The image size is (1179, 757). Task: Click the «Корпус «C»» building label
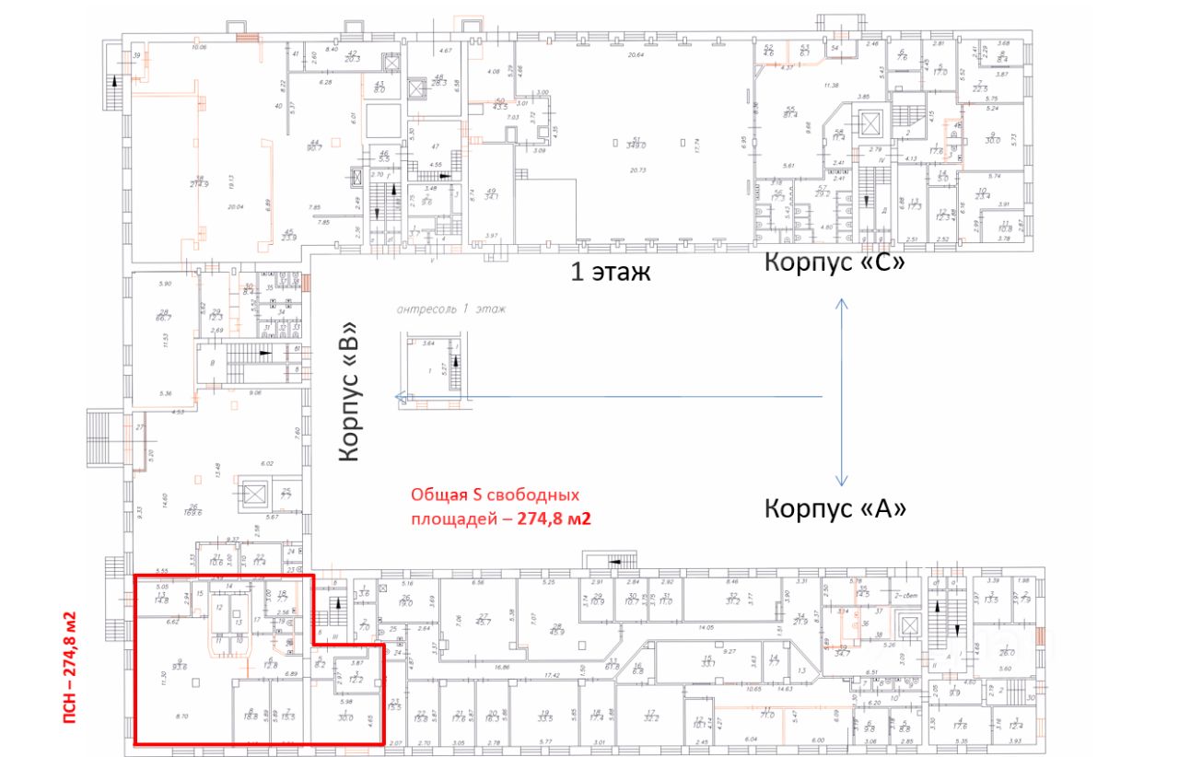tap(835, 262)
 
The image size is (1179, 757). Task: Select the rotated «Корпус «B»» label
tap(352, 392)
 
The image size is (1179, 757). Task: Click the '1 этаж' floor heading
tap(612, 273)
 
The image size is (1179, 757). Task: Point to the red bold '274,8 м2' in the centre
tap(554, 518)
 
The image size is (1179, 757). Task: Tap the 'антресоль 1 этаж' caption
tap(451, 309)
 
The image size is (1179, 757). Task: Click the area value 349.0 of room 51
tap(636, 145)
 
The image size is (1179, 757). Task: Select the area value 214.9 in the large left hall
tap(197, 183)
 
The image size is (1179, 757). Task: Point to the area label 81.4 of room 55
tap(790, 114)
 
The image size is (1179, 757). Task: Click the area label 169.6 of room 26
tap(194, 510)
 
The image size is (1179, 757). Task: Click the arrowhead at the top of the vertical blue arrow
tap(841, 302)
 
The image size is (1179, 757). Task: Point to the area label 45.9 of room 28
tap(556, 631)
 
